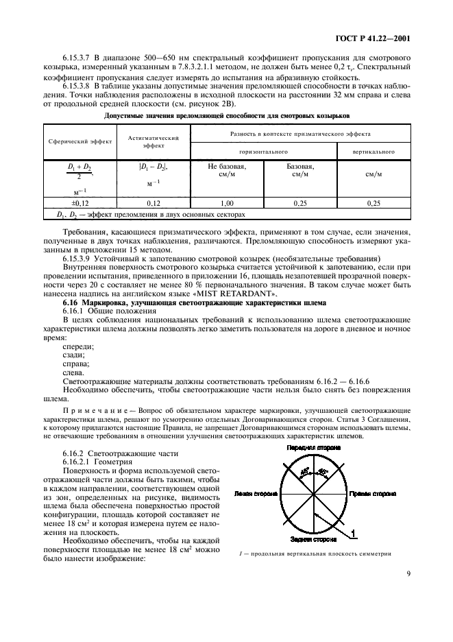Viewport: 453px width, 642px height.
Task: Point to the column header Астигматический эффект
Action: [153, 141]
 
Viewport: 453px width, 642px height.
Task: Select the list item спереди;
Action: [75, 346]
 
